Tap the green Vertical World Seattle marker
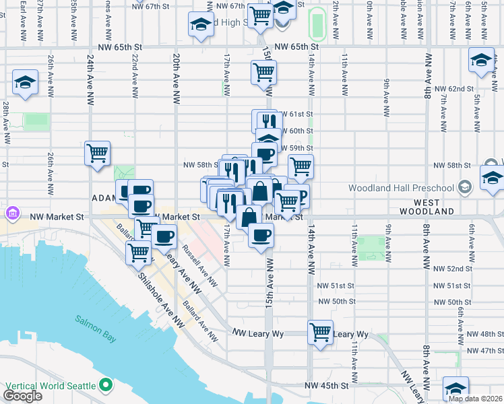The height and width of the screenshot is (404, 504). coord(105,385)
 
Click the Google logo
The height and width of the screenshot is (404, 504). coord(22,396)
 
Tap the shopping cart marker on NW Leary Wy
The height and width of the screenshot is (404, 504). coord(320,331)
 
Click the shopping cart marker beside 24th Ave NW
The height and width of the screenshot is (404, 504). coord(98,153)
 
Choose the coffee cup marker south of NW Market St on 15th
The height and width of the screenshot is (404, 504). coord(261,235)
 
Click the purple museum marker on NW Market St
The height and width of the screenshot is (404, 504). coord(11,215)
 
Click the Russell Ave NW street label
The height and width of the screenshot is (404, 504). coord(201,270)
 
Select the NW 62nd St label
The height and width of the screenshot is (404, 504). coord(451,88)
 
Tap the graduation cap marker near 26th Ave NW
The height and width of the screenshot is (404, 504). coord(25,83)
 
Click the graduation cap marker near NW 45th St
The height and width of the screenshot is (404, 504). coord(455,390)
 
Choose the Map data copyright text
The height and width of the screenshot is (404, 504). coord(475,399)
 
